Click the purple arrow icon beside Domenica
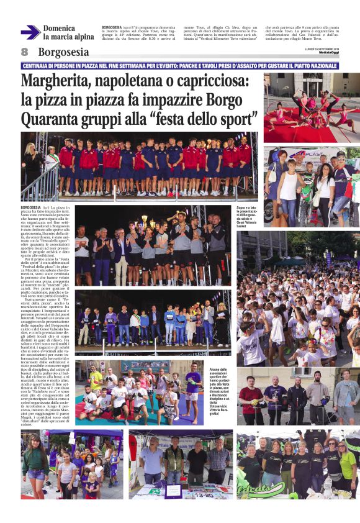pyautogui.click(x=30, y=32)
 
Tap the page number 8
pyautogui.click(x=25, y=52)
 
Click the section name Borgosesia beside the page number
pyautogui.click(x=63, y=52)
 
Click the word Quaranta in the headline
pyautogui.click(x=53, y=118)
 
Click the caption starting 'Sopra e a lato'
pyautogui.click(x=247, y=216)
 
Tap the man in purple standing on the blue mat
pyautogui.click(x=192, y=385)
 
